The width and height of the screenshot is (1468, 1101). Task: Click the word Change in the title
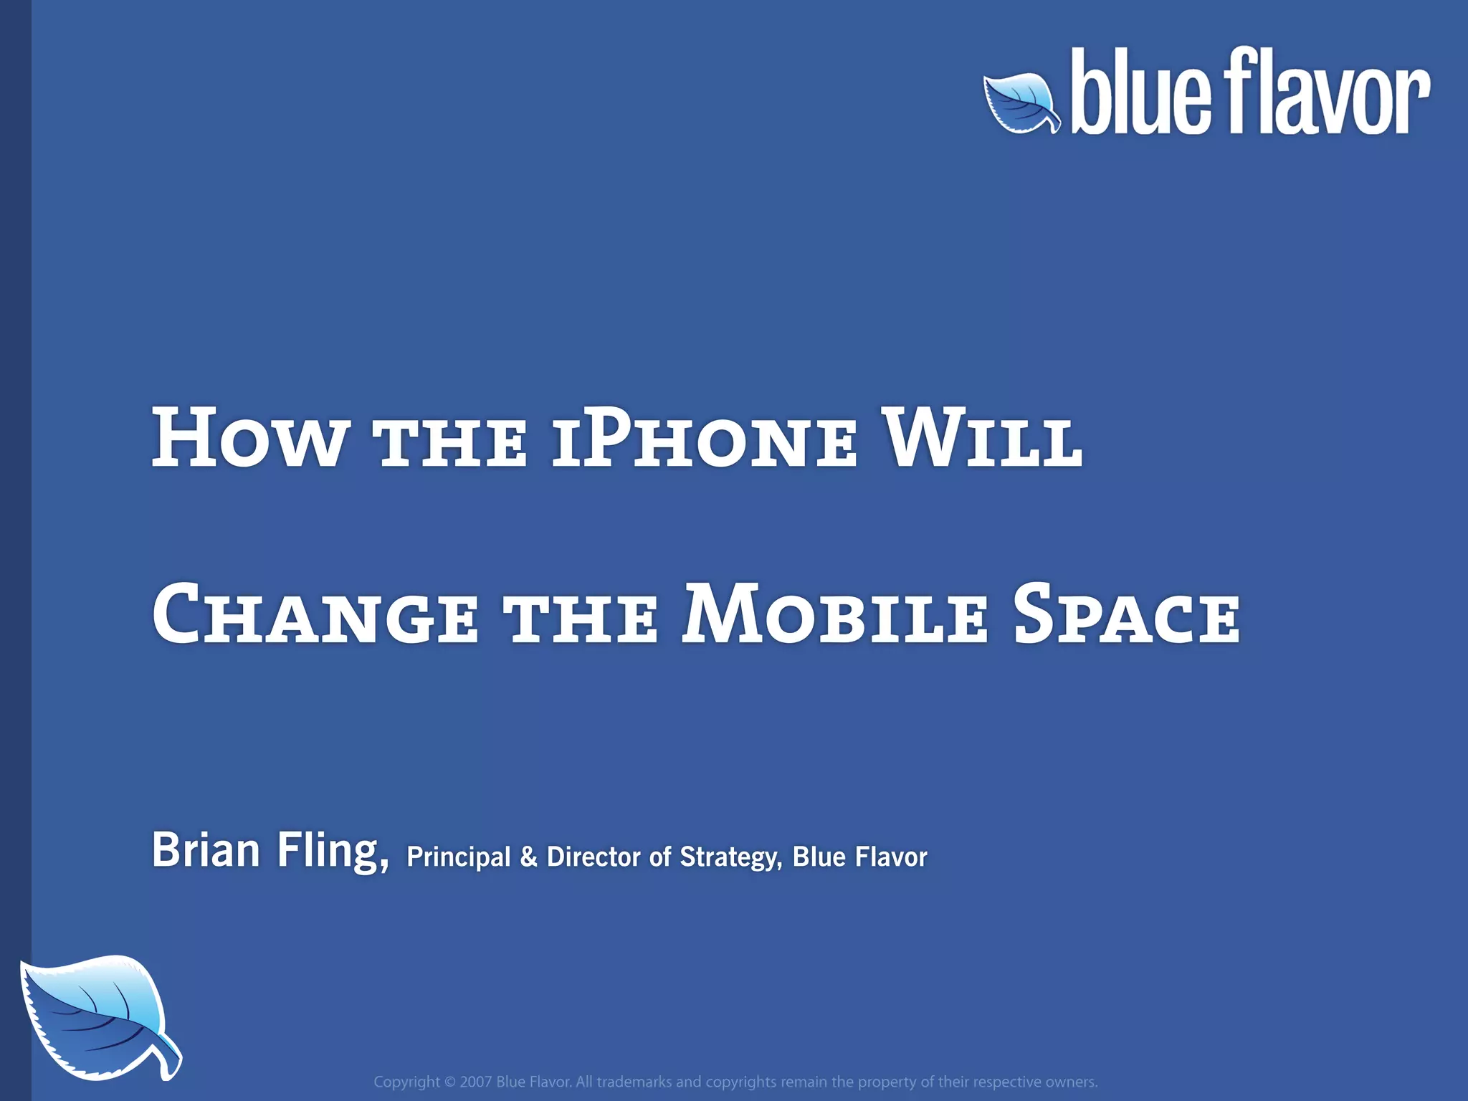point(315,615)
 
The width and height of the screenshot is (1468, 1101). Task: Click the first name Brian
point(206,850)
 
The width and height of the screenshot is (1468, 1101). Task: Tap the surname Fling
point(333,852)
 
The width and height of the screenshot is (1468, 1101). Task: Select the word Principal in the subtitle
point(459,857)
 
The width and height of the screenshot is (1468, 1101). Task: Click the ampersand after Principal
point(528,857)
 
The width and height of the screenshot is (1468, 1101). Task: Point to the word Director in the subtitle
point(594,857)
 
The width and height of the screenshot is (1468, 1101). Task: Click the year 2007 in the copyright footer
point(475,1082)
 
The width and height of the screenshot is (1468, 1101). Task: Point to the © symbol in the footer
point(450,1082)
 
